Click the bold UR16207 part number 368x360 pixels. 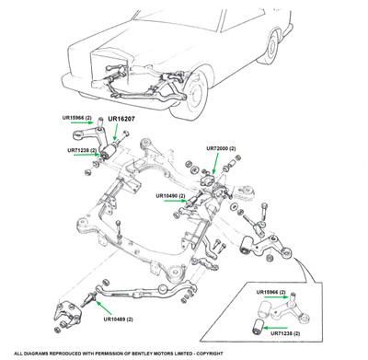coord(121,119)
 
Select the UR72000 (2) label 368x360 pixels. coord(221,148)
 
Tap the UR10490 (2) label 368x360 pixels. coord(170,196)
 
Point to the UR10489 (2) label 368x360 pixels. coord(119,319)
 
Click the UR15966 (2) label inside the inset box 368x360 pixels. coord(271,292)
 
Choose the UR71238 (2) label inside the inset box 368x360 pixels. coord(285,333)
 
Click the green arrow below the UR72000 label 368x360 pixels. coord(216,164)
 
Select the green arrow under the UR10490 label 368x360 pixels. coord(176,201)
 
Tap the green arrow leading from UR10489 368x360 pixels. coord(103,308)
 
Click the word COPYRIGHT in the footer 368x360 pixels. coord(210,354)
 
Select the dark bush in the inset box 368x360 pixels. coord(258,327)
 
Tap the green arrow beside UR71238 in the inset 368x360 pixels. coord(276,328)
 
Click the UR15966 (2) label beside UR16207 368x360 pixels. coord(77,118)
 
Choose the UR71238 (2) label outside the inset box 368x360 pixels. coord(82,150)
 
